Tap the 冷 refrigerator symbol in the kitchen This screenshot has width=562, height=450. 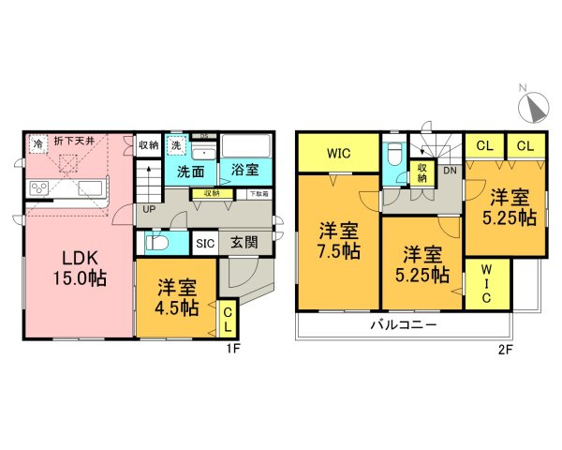[37, 143]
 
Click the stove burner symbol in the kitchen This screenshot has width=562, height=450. [41, 188]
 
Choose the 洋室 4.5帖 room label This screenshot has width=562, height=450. [177, 295]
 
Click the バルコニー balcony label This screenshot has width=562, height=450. [404, 325]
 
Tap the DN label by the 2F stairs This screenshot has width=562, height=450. [450, 170]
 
